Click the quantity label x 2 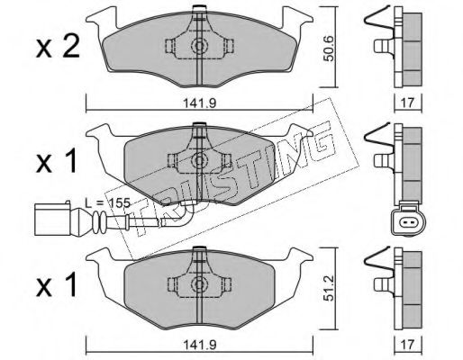pos(58,48)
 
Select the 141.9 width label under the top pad pos(200,103)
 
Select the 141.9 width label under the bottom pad pos(200,345)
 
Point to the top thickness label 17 pos(407,103)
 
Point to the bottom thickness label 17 pos(407,344)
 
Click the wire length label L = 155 pos(107,203)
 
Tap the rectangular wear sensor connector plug pos(52,219)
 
